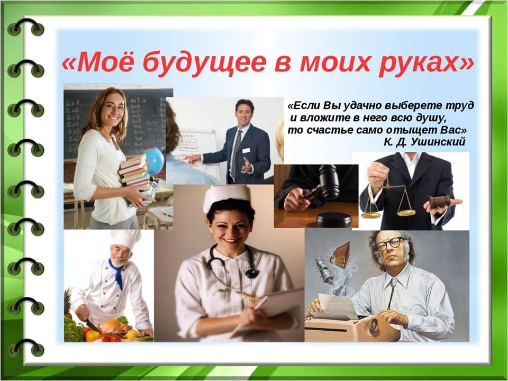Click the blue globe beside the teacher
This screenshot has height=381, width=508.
pos(155,161)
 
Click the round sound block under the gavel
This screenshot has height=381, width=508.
pos(334,219)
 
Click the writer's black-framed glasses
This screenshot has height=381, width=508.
pos(391,243)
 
